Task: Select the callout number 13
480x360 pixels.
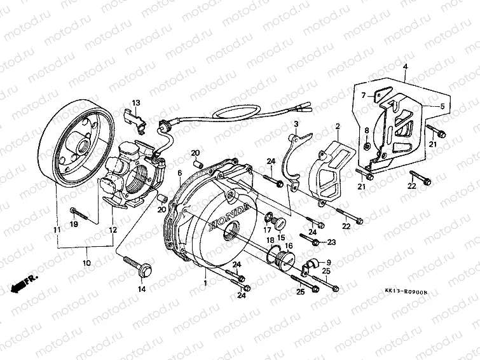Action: click(135, 103)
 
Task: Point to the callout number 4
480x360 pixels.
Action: click(404, 66)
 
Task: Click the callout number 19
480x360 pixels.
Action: click(74, 225)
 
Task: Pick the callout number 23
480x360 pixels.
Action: click(331, 242)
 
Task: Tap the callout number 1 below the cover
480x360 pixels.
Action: click(205, 280)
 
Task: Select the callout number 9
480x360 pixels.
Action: click(329, 263)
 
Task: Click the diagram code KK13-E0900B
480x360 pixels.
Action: click(406, 292)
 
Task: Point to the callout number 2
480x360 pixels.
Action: click(338, 127)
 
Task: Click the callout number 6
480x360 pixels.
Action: click(180, 173)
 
